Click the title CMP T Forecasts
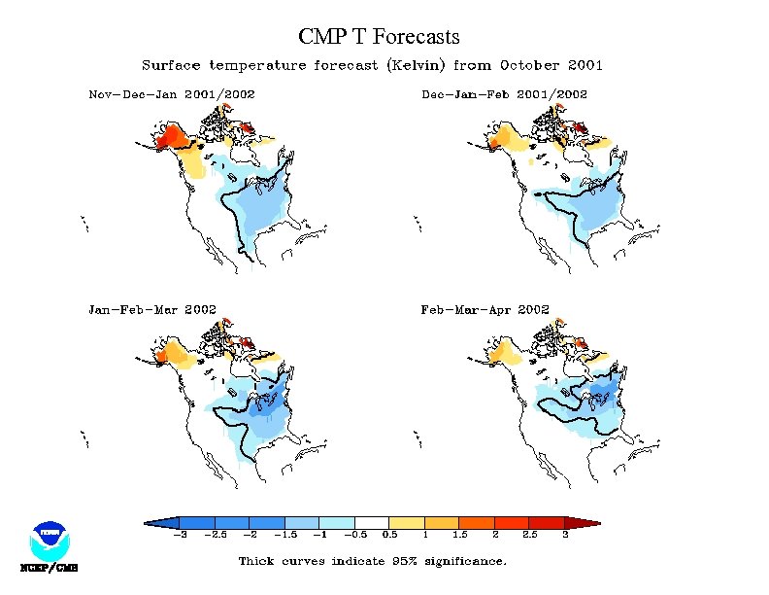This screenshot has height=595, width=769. coord(379,37)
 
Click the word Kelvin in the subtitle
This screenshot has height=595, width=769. coord(415,66)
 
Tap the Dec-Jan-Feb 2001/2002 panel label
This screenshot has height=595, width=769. coord(504,94)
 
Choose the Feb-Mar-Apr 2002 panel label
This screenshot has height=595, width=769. coord(485,309)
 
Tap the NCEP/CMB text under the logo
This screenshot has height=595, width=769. coord(49,567)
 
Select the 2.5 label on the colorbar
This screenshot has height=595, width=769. coord(530,535)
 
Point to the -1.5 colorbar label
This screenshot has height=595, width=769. coord(284,535)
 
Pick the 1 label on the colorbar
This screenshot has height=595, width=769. coord(424,535)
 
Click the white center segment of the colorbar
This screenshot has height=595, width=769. coord(372,522)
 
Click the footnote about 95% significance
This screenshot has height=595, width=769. coord(372,561)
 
